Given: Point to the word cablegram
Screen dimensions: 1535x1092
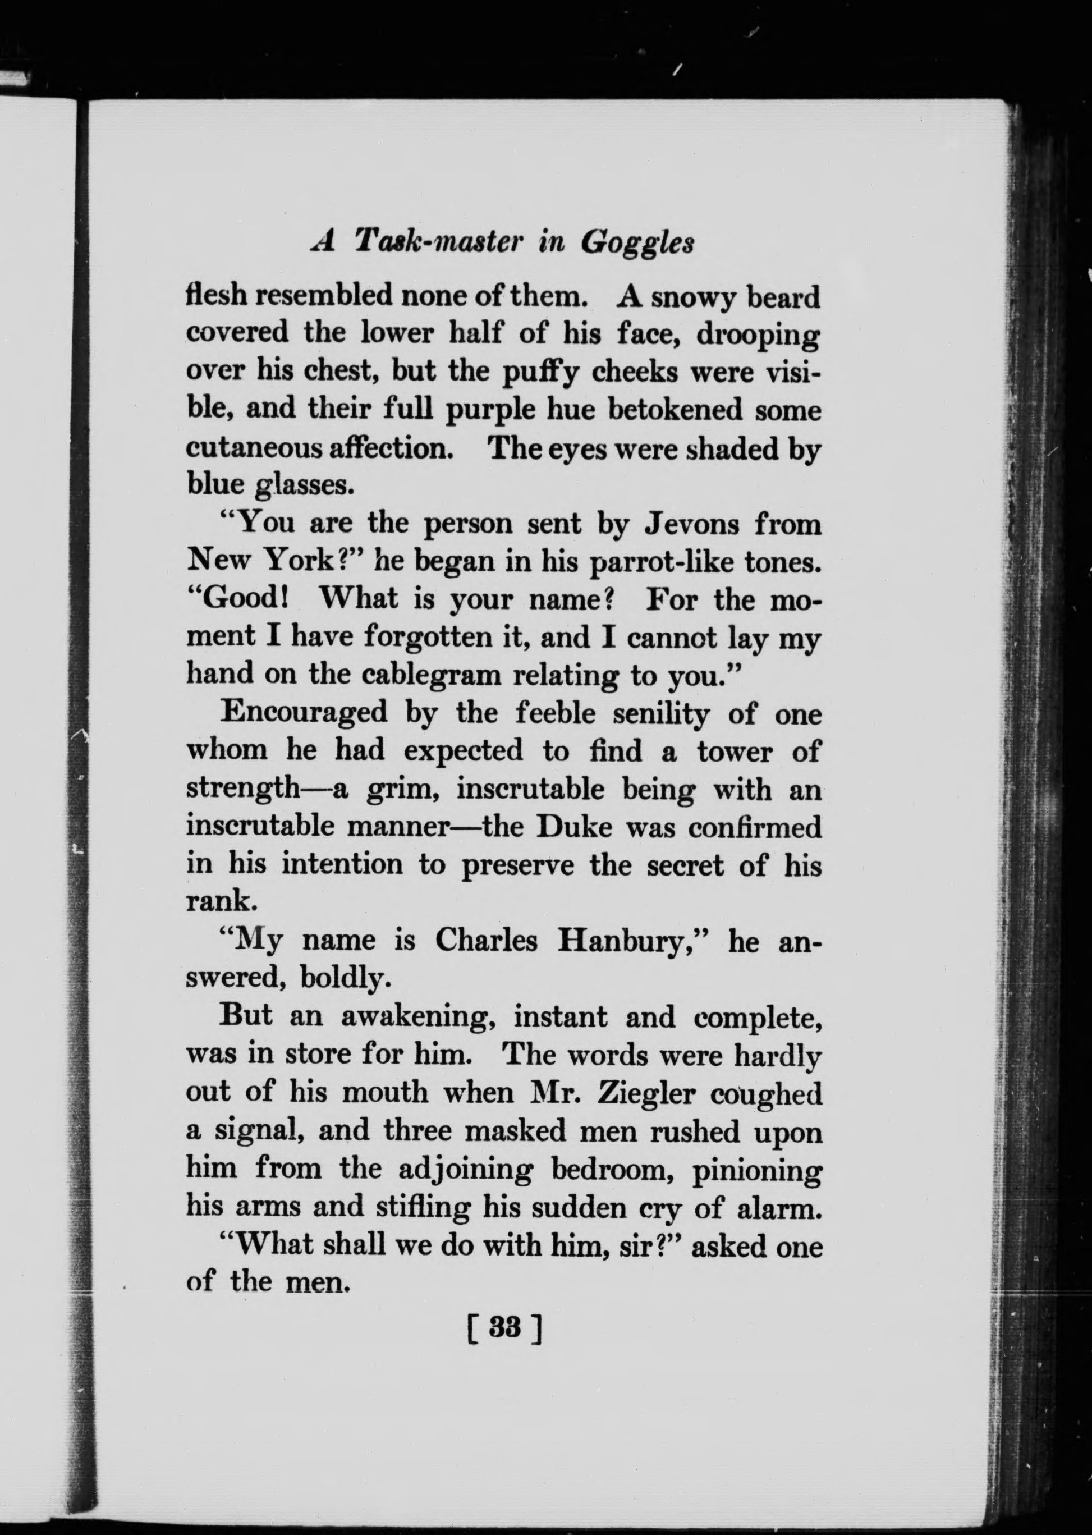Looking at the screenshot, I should [x=431, y=675].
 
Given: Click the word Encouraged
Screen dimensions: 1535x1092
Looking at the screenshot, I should [x=304, y=712].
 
